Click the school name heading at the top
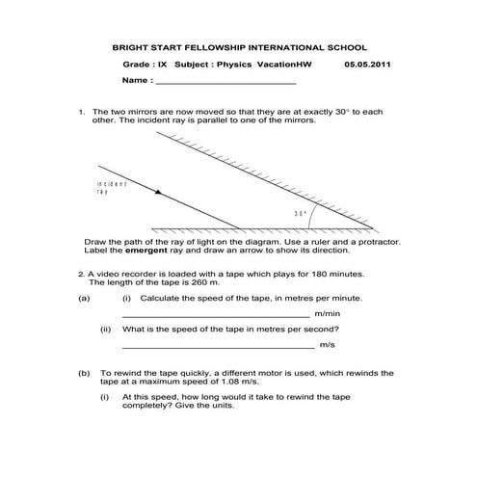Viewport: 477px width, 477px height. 240,46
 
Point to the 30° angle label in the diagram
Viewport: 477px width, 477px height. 300,213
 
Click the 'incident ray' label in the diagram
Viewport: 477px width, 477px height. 111,187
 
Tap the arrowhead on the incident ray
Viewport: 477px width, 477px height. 158,193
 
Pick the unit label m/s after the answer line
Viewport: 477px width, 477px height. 328,344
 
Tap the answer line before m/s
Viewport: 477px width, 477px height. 218,346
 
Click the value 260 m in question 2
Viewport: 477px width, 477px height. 210,282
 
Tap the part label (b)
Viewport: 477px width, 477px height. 84,371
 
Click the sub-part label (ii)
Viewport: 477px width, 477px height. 106,329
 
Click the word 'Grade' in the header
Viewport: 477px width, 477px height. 137,65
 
